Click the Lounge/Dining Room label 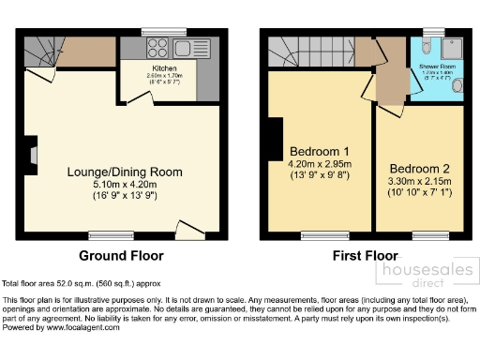pos(124,172)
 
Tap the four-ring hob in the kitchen pos(156,49)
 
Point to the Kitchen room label pos(164,68)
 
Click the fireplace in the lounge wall pos(32,155)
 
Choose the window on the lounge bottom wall pos(104,234)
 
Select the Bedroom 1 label pos(320,152)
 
